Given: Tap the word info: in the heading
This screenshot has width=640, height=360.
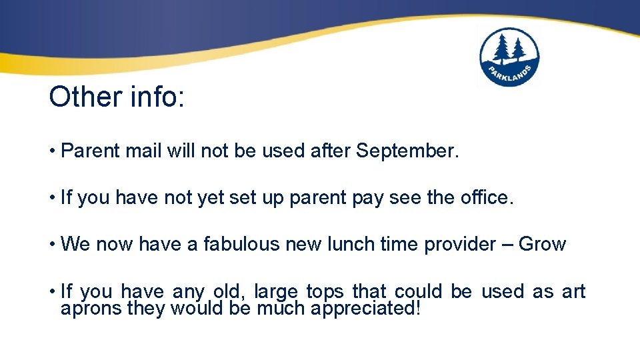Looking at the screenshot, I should (154, 97).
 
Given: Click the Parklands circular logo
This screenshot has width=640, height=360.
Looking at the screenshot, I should (509, 57).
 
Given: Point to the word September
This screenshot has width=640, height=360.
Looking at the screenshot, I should (407, 151).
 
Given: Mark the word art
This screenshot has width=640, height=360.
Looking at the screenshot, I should (573, 291).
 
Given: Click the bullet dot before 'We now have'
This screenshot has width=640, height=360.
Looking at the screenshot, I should (52, 244).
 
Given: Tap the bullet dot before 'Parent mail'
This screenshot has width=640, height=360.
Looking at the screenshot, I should (52, 151).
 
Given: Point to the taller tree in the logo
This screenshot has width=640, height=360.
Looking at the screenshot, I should (501, 49).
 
